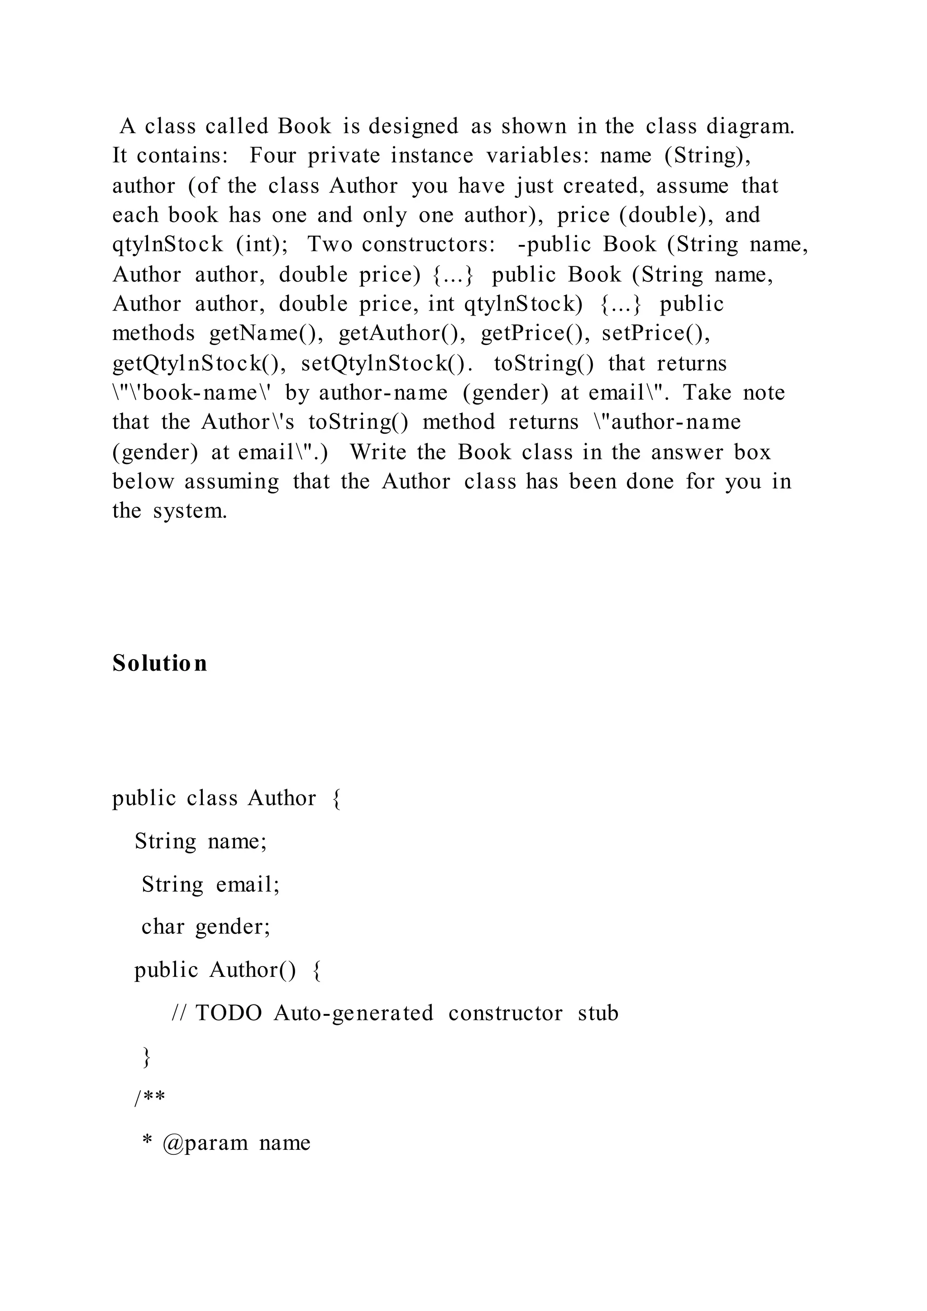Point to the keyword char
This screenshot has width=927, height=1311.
click(162, 926)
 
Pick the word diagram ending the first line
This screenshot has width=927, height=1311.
click(750, 126)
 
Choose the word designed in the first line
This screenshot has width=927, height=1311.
click(413, 126)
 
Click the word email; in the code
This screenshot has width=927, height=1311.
click(248, 884)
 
